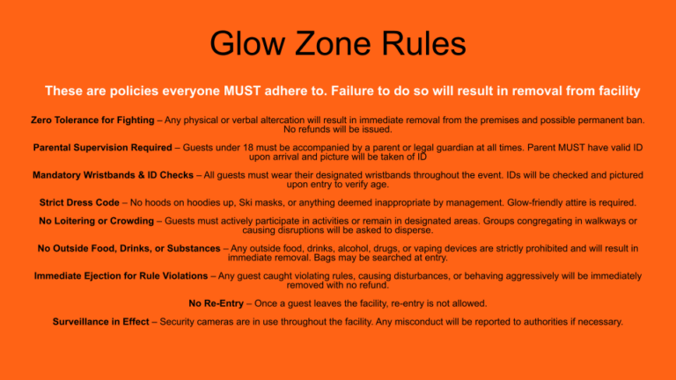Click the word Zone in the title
tap(332, 43)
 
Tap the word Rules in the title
tap(423, 43)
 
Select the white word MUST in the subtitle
tap(242, 91)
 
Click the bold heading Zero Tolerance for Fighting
tap(92, 121)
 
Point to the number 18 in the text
tap(248, 148)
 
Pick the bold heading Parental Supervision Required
tap(103, 148)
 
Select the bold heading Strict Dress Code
tap(79, 203)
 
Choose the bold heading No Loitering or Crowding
tap(96, 221)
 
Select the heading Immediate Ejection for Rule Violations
tap(121, 276)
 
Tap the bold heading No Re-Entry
tap(216, 303)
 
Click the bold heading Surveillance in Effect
tap(101, 322)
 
